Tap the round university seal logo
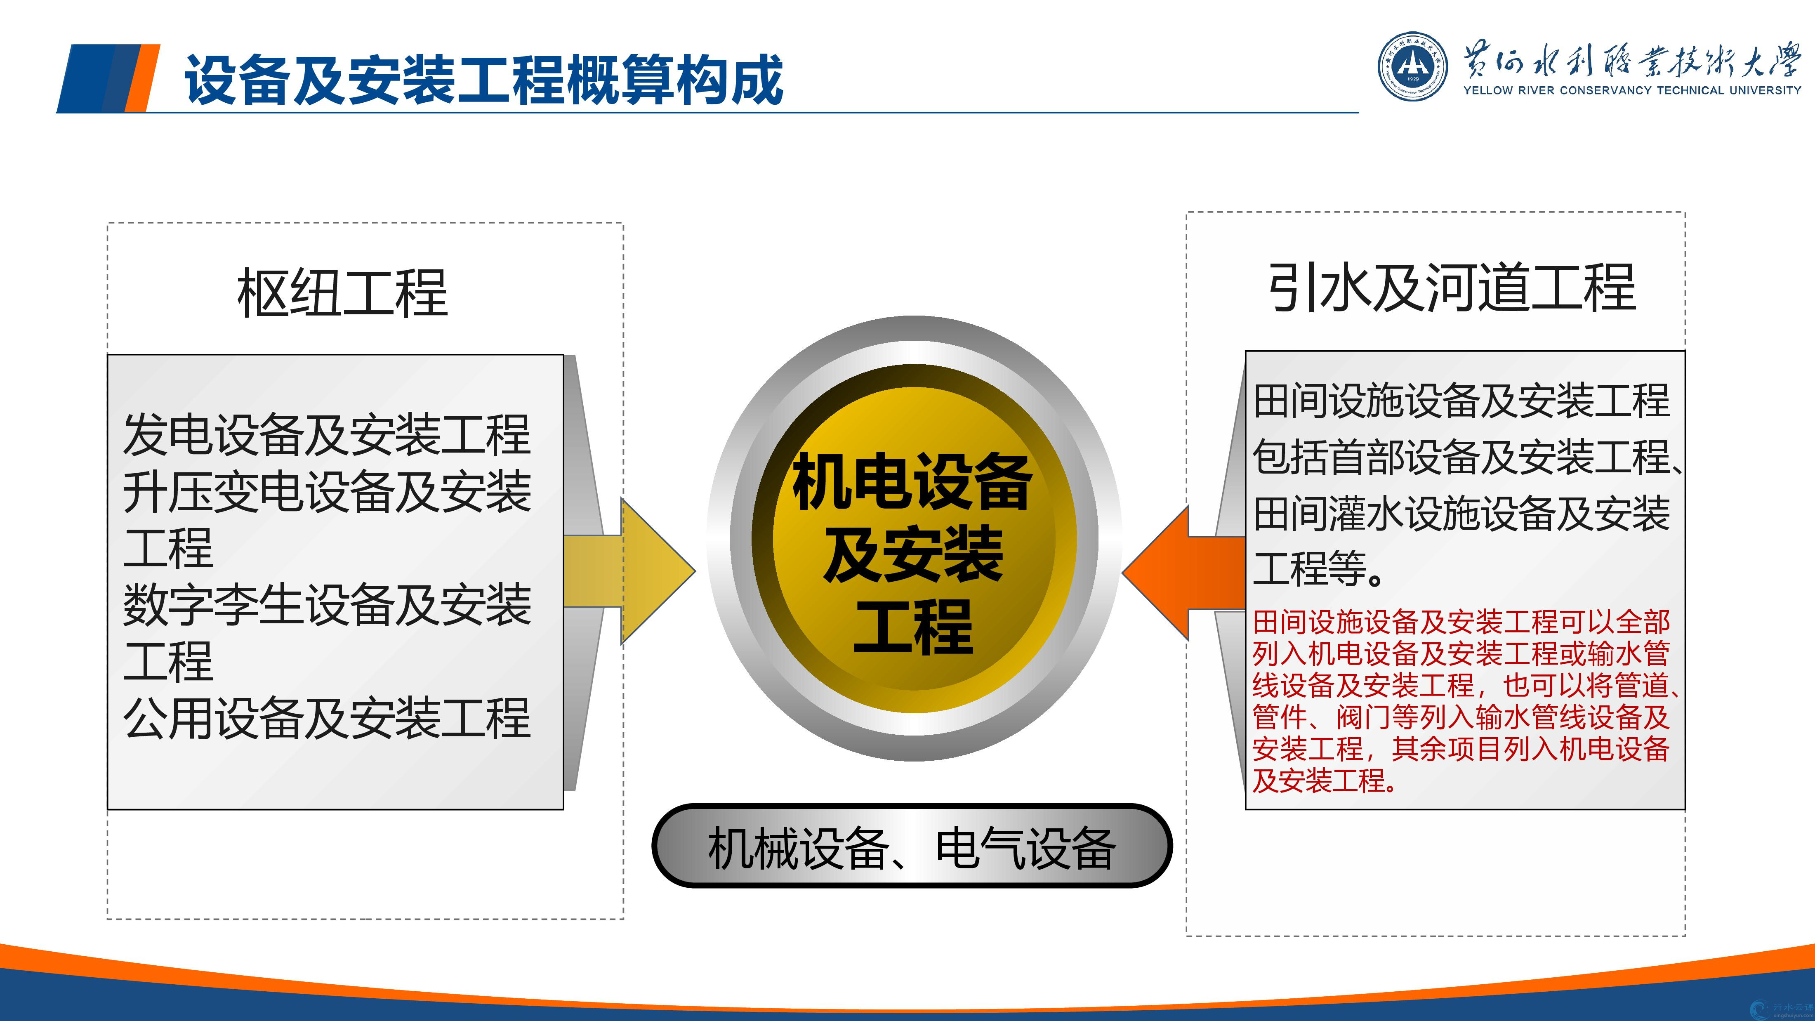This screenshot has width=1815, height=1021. (x=1413, y=66)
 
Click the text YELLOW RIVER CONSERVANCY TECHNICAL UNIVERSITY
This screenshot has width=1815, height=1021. (x=1632, y=90)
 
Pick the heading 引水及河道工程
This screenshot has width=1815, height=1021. (x=1452, y=288)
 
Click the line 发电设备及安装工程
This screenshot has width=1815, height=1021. (x=326, y=435)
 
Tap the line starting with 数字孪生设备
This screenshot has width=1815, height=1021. (x=326, y=605)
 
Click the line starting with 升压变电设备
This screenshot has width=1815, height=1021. (x=326, y=491)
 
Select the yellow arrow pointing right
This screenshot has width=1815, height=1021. (x=629, y=571)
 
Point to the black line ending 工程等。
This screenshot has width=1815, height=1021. (x=1318, y=568)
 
